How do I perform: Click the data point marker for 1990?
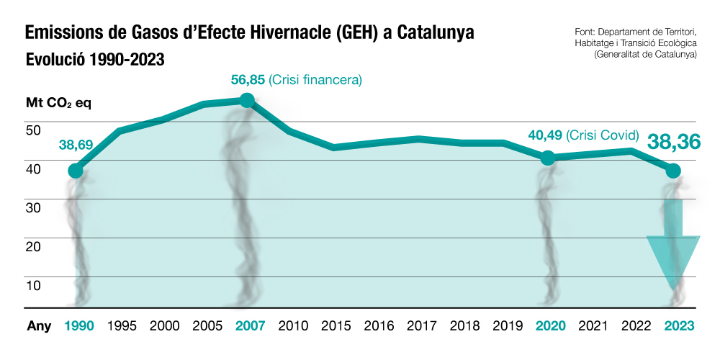pos(75,171)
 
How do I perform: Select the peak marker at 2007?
pos(247,100)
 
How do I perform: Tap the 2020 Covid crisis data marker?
pos(547,158)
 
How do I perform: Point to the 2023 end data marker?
pos(673,171)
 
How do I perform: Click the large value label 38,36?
pos(673,142)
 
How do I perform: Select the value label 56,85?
pos(248,79)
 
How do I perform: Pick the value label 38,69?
pos(76,145)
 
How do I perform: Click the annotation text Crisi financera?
pos(315,79)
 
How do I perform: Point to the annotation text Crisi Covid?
pos(603,135)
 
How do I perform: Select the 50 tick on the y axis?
pos(33,130)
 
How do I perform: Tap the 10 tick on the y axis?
pos(33,285)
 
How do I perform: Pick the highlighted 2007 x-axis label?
pos(251,325)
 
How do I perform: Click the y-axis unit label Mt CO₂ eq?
pos(58,103)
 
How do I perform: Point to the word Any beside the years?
pos(39,325)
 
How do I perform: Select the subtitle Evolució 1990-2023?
pos(95,59)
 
